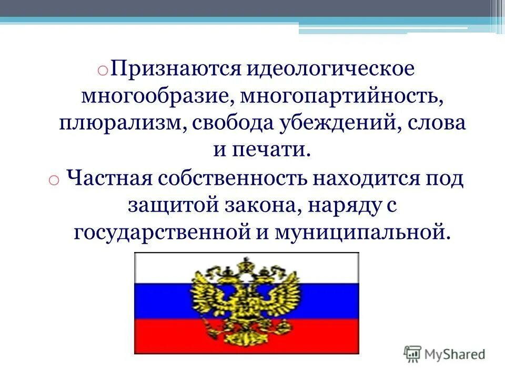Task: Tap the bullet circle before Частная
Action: click(x=54, y=180)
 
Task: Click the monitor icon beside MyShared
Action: click(x=413, y=354)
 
